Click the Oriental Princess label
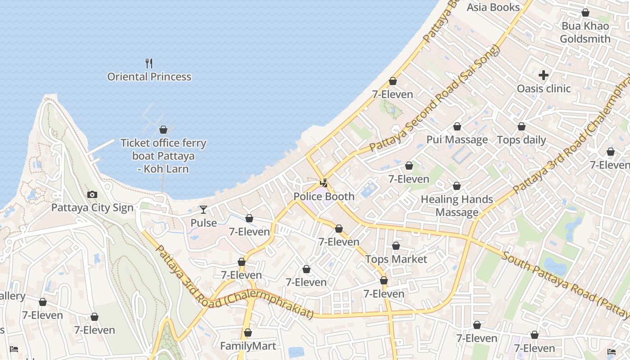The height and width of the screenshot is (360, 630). [149, 77]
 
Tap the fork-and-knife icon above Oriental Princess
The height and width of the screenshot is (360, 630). [149, 63]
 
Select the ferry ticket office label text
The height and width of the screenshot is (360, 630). [163, 156]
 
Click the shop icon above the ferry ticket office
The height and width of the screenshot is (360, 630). [163, 130]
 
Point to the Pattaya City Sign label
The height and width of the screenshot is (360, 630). [92, 207]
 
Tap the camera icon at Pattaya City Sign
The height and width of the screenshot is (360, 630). [92, 194]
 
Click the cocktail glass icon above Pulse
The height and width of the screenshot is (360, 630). [203, 209]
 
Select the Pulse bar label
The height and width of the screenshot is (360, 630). [203, 223]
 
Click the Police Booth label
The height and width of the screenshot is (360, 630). [324, 197]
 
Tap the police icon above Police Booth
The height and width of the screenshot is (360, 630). [324, 183]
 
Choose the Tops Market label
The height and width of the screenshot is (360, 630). [396, 259]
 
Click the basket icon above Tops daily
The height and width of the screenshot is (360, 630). [522, 126]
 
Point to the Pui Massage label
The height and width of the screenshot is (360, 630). [457, 139]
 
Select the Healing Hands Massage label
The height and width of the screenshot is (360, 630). [457, 206]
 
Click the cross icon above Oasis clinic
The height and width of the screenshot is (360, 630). [544, 75]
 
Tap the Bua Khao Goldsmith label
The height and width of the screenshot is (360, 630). [585, 32]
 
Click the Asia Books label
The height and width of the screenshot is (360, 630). [493, 7]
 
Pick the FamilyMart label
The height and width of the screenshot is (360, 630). [247, 346]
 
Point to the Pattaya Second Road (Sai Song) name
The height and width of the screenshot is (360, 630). [434, 100]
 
